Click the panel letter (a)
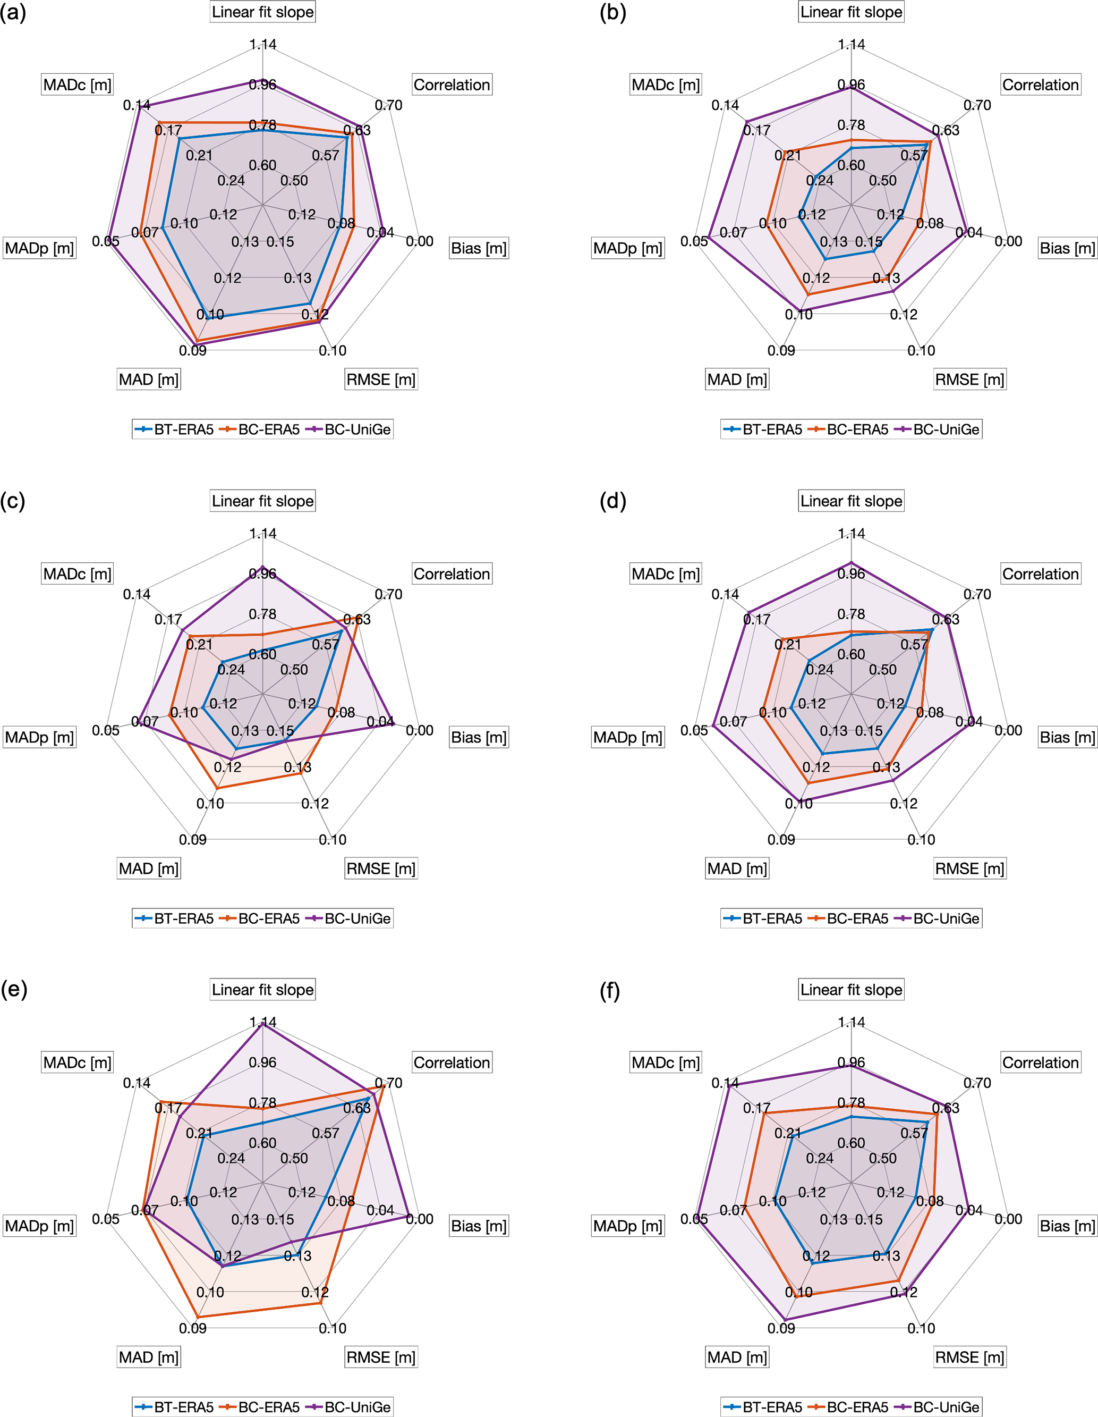pyautogui.click(x=13, y=13)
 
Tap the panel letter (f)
pyautogui.click(x=610, y=992)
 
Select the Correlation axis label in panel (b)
pyautogui.click(x=1040, y=85)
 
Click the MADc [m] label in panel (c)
pyautogui.click(x=77, y=574)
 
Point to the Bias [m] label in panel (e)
pyautogui.click(x=479, y=1226)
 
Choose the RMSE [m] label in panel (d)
pyautogui.click(x=969, y=870)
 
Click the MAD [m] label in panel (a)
pyautogui.click(x=149, y=380)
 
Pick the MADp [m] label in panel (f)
pyautogui.click(x=628, y=1226)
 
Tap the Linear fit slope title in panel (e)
pyautogui.click(x=262, y=990)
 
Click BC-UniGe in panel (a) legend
pyautogui.click(x=358, y=429)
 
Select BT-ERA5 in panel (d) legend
pyautogui.click(x=772, y=919)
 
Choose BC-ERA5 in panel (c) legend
pyautogui.click(x=268, y=919)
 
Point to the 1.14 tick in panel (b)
pyautogui.click(x=851, y=45)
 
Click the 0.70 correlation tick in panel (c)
pyautogui.click(x=388, y=594)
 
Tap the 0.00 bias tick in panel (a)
pyautogui.click(x=420, y=241)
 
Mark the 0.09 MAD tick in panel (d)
pyautogui.click(x=781, y=840)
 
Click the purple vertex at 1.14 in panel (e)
pyautogui.click(x=262, y=1024)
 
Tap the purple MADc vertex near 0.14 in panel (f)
pyautogui.click(x=730, y=1086)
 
